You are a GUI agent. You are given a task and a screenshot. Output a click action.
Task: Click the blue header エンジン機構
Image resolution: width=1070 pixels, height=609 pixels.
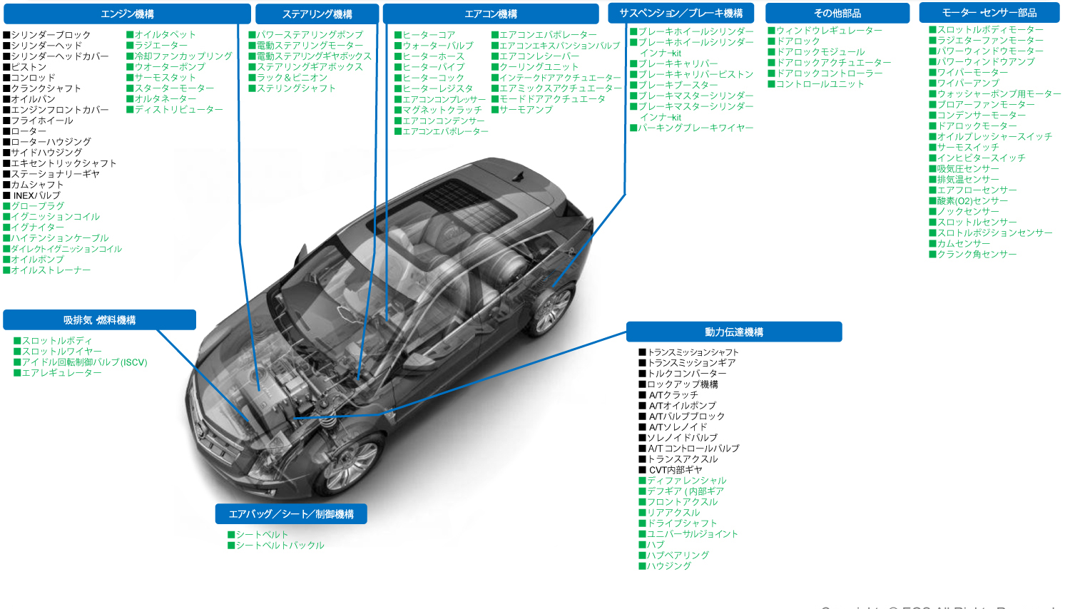[x=127, y=14]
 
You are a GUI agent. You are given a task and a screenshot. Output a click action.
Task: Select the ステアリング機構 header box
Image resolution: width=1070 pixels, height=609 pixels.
[x=317, y=14]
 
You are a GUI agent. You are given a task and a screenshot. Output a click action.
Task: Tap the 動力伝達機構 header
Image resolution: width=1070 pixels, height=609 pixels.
[x=734, y=332]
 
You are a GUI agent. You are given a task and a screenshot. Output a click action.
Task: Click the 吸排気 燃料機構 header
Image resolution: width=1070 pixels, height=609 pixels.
[x=99, y=320]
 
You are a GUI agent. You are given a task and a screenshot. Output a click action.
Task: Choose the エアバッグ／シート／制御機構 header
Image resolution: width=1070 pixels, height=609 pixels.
[x=291, y=514]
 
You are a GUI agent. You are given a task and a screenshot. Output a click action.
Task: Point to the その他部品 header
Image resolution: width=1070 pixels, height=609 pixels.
[x=837, y=14]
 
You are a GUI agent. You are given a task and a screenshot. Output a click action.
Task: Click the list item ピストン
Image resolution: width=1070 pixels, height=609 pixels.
[x=29, y=67]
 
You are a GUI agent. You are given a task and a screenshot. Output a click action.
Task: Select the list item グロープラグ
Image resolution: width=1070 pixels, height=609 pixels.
[x=37, y=206]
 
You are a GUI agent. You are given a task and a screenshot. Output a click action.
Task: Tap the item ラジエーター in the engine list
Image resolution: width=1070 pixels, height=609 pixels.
[x=160, y=46]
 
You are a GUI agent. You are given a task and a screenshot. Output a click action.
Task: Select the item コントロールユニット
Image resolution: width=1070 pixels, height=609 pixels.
[x=820, y=84]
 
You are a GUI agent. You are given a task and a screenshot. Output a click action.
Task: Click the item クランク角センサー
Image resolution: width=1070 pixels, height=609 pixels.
[x=977, y=255]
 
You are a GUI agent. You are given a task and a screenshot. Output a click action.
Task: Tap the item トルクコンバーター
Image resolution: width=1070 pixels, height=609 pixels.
[x=686, y=374]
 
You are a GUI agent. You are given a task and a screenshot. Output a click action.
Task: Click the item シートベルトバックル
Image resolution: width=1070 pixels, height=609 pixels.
[x=280, y=546]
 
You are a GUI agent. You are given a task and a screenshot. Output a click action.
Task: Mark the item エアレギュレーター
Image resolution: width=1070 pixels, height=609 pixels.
[x=61, y=373]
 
